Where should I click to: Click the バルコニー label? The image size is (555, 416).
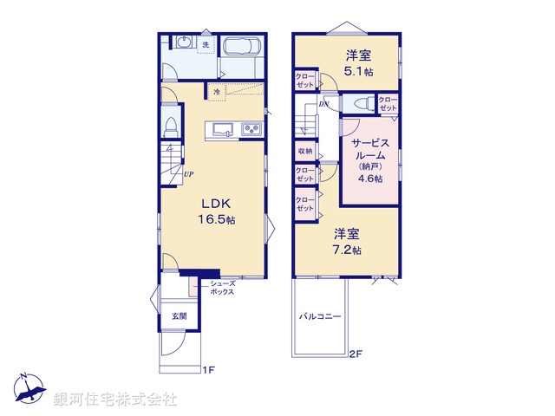coord(321,317)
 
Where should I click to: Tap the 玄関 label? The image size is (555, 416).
coord(177,316)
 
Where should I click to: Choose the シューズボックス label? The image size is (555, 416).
coord(222,288)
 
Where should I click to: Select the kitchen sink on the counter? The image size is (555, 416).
coord(220,130)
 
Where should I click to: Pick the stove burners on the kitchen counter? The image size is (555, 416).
coord(251,130)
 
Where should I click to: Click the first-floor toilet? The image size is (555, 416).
coord(171,124)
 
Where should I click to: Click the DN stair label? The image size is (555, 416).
coord(323,104)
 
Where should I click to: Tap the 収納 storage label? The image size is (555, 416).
coord(304,151)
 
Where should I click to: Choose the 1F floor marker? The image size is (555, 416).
coord(208,370)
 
